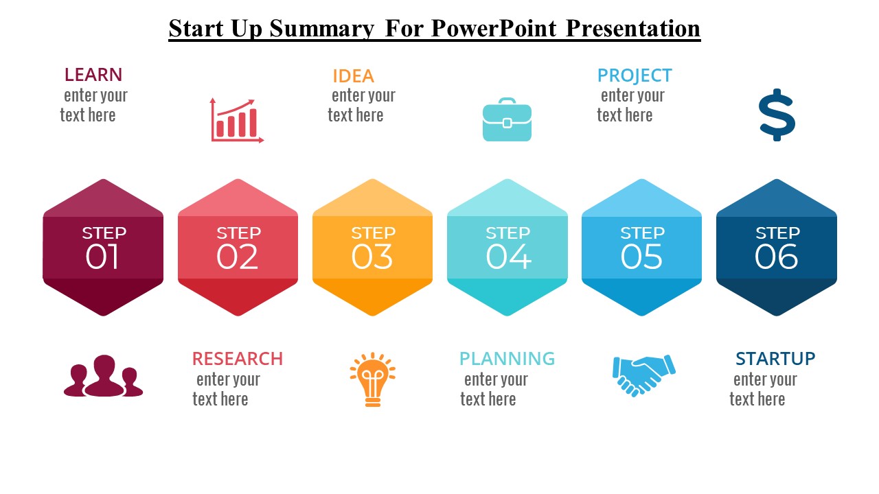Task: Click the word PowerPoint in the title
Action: point(494,28)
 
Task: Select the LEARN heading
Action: point(93,75)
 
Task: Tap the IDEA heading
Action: point(353,76)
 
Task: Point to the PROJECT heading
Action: point(635,75)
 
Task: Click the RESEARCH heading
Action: point(238,358)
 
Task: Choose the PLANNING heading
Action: point(507,358)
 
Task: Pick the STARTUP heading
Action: point(775,358)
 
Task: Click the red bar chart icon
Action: point(237,120)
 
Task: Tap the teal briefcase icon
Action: point(507,119)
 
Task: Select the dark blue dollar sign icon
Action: point(777,115)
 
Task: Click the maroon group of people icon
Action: point(103,375)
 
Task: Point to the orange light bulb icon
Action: point(372,379)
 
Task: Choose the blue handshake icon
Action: point(643,375)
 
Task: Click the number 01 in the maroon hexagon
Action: point(102,257)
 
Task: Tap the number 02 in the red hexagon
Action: point(237,257)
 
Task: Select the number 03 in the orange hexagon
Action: point(372,257)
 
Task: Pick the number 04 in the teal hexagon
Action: point(509,257)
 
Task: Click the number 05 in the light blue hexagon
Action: point(641,257)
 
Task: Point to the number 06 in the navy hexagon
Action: point(776,257)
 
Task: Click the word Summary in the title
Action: point(322,28)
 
